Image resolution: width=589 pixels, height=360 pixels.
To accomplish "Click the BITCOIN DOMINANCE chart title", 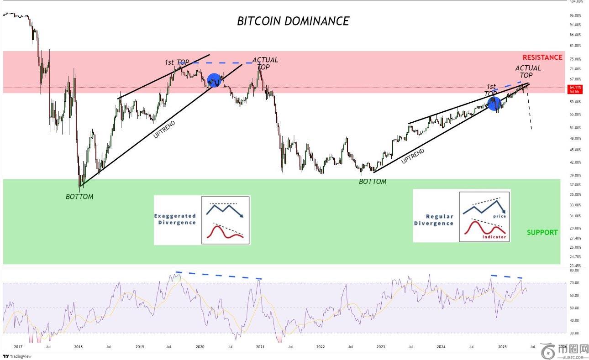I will click(x=293, y=21).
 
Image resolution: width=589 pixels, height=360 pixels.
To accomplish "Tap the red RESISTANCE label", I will click(x=542, y=57).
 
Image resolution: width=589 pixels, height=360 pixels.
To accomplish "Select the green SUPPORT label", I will click(x=542, y=232).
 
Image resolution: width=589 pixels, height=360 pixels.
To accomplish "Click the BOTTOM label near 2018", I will click(x=79, y=197).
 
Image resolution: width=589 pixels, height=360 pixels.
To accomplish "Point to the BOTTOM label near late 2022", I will click(x=372, y=182).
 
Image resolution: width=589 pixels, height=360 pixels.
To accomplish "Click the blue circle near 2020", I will click(x=214, y=80).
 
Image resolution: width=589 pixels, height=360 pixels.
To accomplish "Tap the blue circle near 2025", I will click(x=494, y=103).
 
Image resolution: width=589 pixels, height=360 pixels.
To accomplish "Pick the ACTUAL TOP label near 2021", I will click(x=265, y=63).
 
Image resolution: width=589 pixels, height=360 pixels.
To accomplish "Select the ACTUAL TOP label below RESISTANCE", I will click(x=528, y=72).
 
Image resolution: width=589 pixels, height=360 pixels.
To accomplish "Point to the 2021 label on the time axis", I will click(x=260, y=347).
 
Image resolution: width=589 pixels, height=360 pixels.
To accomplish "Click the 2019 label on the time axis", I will click(x=140, y=347).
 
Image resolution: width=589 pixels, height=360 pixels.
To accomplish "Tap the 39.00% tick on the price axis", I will click(x=575, y=175).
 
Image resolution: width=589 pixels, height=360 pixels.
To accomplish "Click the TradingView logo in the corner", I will click(x=13, y=356).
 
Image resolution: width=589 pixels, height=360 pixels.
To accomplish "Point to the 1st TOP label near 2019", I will click(x=177, y=62).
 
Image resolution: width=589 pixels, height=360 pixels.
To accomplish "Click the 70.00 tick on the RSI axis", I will click(x=574, y=283).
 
